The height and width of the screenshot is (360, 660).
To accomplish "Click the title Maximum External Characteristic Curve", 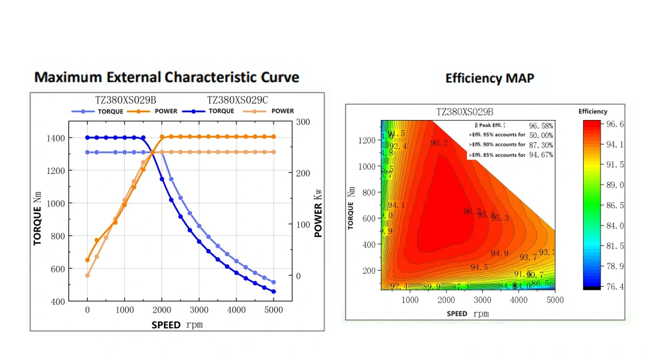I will pos(167,77).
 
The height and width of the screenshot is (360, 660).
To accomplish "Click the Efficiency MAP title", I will pos(490,78).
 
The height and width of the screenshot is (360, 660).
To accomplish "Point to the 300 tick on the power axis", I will pos(303,122).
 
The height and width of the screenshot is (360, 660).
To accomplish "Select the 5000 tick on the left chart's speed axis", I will pos(273,310).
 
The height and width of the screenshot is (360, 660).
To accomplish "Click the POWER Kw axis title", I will pos(319,211).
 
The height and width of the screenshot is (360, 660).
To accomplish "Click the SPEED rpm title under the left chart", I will pos(180,325).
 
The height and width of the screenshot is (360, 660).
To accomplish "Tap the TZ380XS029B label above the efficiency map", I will pos(464,112).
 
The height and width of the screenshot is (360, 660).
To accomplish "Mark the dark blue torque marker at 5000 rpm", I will pos(274,292).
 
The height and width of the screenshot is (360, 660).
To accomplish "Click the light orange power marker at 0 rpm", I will pos(88,275).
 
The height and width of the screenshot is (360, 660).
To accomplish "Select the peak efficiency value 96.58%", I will pos(541,126).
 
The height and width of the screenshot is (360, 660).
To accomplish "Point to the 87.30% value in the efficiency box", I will pos(541,145).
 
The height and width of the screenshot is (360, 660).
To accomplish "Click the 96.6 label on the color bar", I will pos(616,124).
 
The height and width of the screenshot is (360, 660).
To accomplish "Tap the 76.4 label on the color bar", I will pos(616,287).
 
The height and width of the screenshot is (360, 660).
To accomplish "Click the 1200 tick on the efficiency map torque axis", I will pos(367,140).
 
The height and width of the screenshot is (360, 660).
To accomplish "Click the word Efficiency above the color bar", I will pos(593,112).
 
